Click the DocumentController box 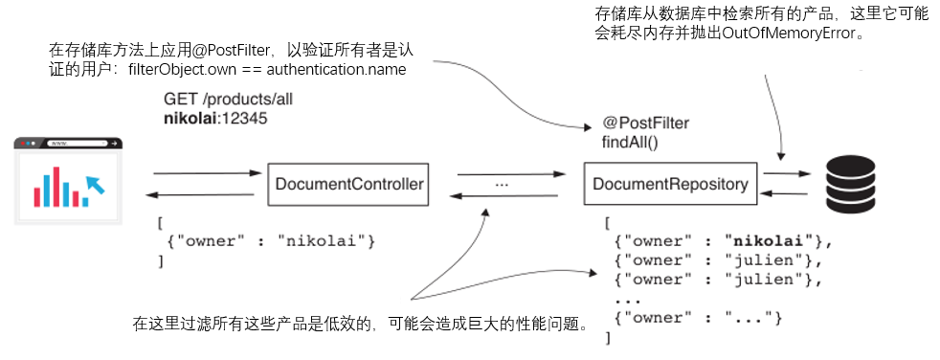(348, 183)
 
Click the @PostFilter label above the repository (645, 124)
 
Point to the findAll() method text (630, 142)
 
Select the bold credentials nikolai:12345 (215, 119)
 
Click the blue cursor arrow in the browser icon (96, 184)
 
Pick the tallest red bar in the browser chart (56, 187)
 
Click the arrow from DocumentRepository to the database (787, 173)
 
